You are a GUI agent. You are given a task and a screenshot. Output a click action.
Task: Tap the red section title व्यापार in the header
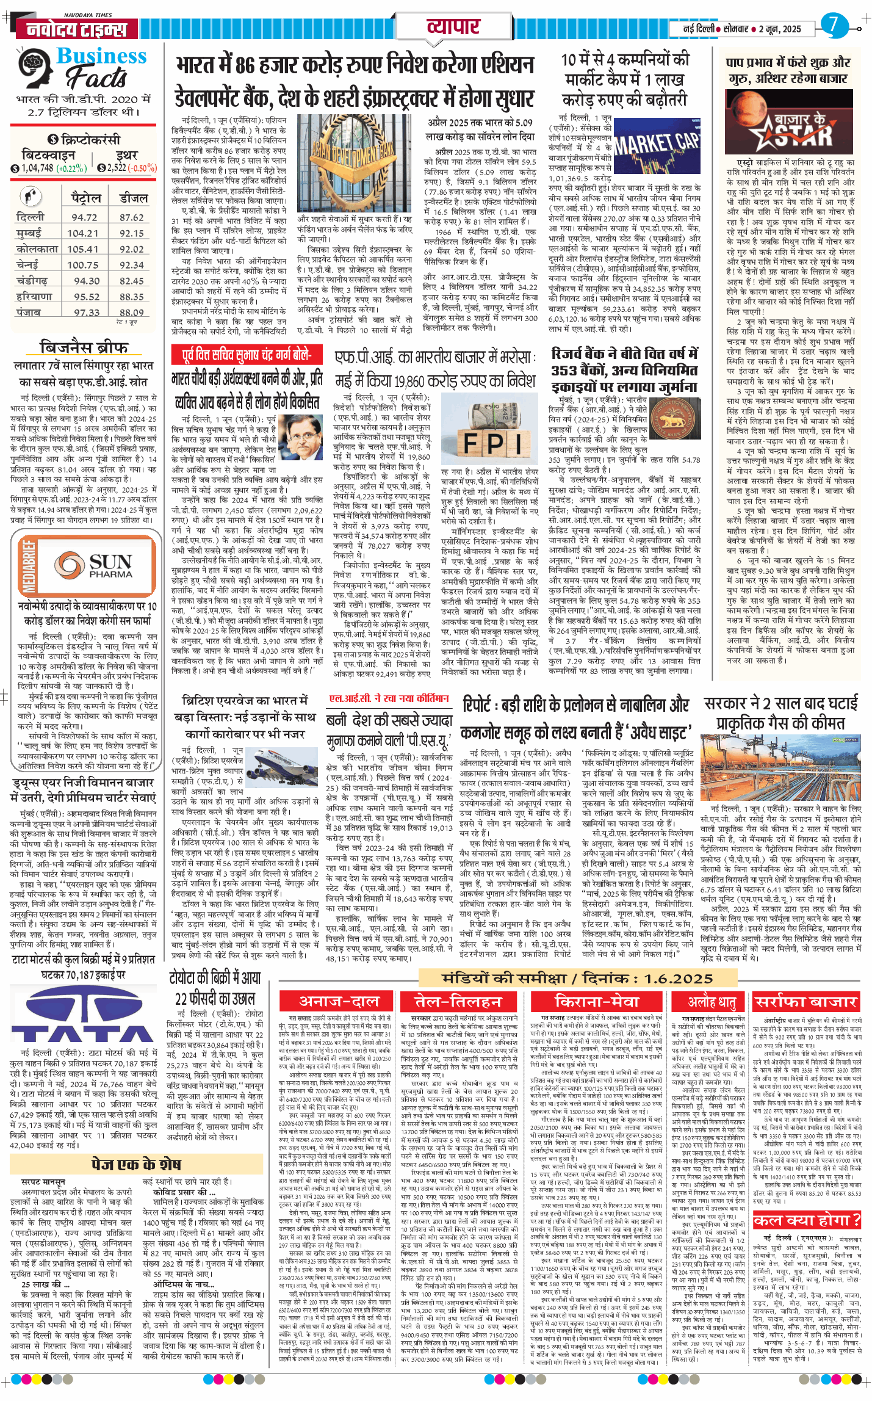(x=453, y=27)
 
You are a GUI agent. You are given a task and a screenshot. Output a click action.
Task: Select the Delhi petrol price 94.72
(x=84, y=217)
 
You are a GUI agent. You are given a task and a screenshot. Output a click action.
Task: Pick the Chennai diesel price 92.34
(x=132, y=265)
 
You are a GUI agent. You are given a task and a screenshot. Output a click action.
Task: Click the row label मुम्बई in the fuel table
(x=28, y=233)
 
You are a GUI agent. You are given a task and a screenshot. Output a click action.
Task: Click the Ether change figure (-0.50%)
(x=142, y=168)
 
